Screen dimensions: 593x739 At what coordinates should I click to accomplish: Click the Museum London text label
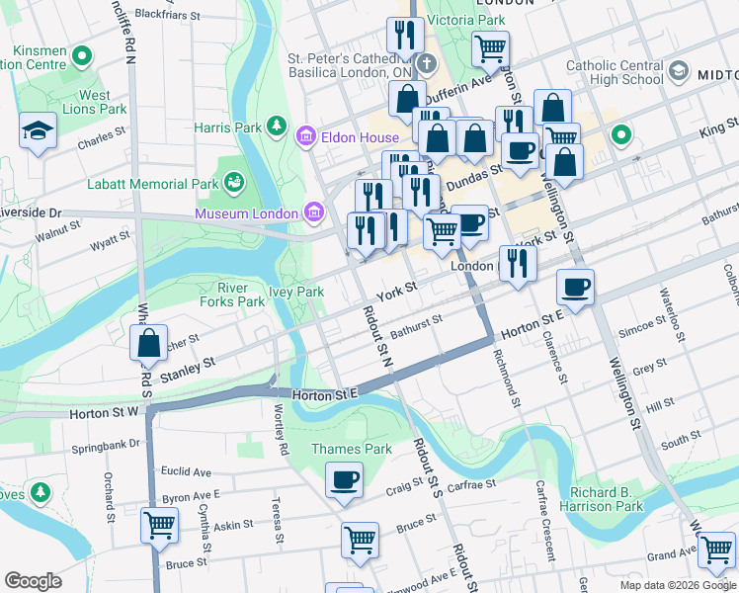pyautogui.click(x=246, y=213)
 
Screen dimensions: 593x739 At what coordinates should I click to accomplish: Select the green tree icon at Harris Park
pyautogui.click(x=280, y=127)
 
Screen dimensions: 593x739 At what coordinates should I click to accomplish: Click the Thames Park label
pyautogui.click(x=338, y=449)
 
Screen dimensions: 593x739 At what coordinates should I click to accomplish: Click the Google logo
pyautogui.click(x=33, y=581)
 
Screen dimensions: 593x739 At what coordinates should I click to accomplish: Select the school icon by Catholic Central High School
pyautogui.click(x=678, y=72)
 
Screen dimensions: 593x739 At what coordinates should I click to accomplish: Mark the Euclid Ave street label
pyautogui.click(x=187, y=472)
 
